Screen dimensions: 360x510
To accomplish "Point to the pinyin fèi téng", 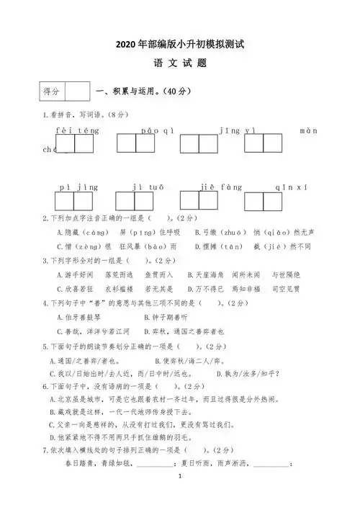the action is [76, 131].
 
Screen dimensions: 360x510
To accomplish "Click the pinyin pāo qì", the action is [153, 131].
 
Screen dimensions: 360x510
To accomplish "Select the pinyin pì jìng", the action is [78, 187].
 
